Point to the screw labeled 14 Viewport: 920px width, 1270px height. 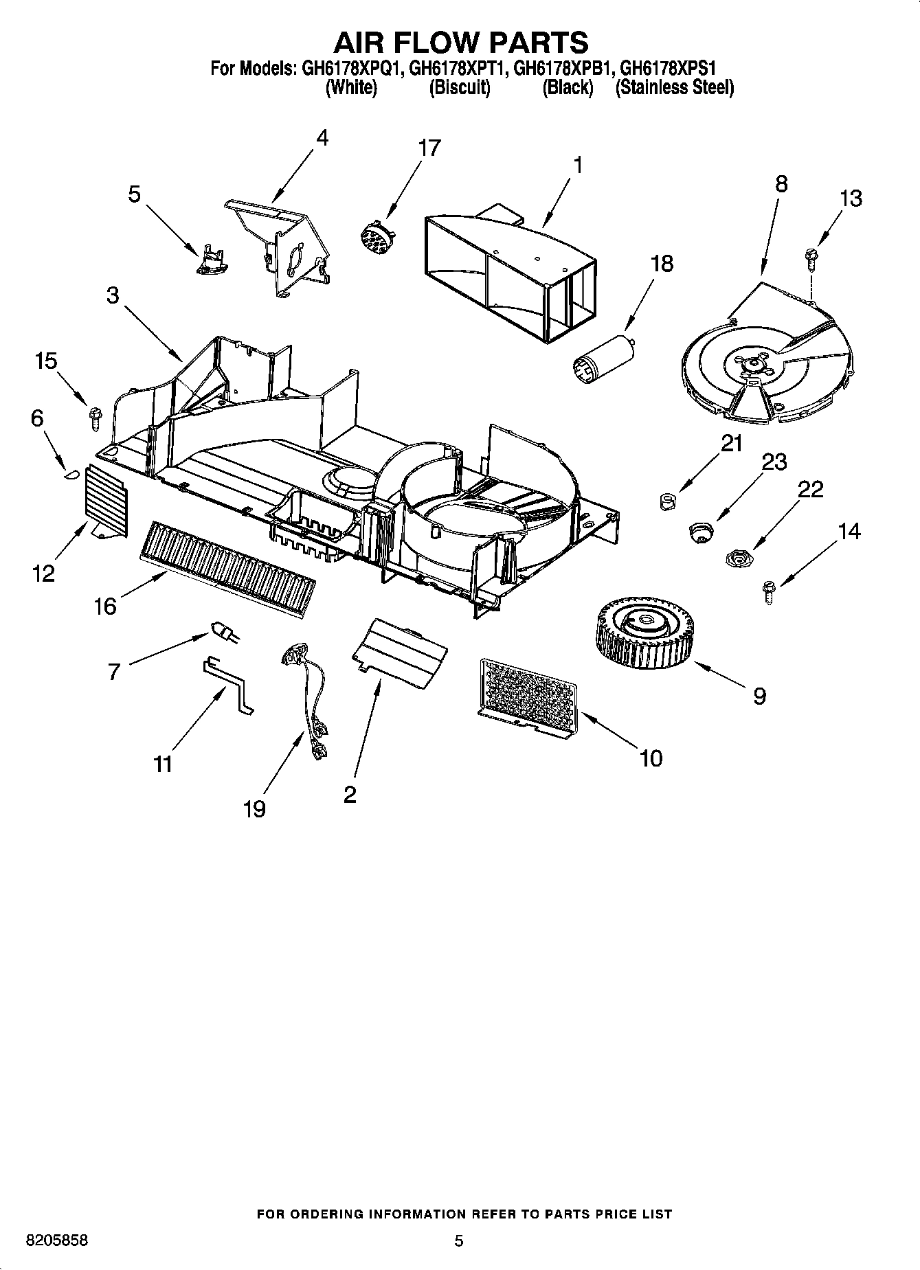click(x=769, y=591)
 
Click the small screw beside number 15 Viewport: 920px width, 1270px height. click(x=95, y=418)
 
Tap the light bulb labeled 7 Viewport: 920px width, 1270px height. click(x=224, y=631)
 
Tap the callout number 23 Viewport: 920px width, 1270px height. click(x=774, y=462)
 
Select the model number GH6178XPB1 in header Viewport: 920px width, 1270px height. click(x=561, y=69)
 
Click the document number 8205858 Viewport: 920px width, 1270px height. click(x=57, y=1240)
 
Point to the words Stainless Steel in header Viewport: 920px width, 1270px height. click(x=674, y=88)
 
